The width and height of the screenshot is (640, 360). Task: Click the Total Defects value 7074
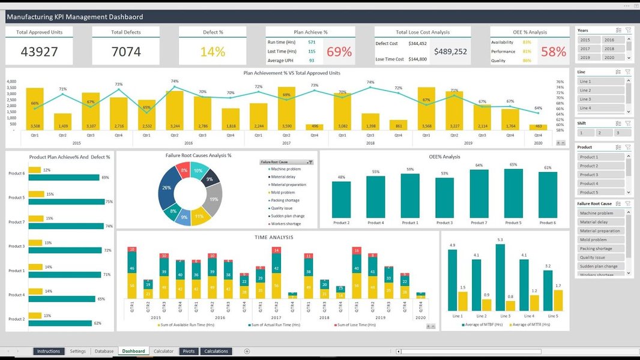126,52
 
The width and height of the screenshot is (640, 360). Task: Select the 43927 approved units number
40,52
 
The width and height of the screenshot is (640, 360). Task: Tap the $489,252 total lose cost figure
450,52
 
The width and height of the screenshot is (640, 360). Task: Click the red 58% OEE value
554,52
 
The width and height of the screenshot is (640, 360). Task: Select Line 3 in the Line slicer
600,99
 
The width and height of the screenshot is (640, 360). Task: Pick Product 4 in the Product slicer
600,184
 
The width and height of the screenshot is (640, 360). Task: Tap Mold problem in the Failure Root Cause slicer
600,239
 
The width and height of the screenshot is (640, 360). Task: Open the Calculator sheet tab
163,351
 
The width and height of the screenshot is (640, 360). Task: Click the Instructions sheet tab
49,351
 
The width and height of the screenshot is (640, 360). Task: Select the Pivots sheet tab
189,351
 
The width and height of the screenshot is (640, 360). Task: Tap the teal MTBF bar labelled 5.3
500,276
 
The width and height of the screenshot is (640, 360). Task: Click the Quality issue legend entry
282,208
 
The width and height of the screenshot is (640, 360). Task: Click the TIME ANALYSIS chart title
274,238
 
